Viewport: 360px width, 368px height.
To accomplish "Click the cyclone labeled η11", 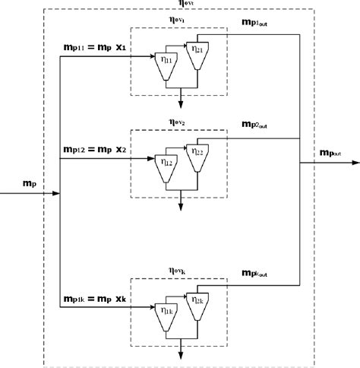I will (x=165, y=61).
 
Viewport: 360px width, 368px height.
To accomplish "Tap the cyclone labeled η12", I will (x=165, y=165).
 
